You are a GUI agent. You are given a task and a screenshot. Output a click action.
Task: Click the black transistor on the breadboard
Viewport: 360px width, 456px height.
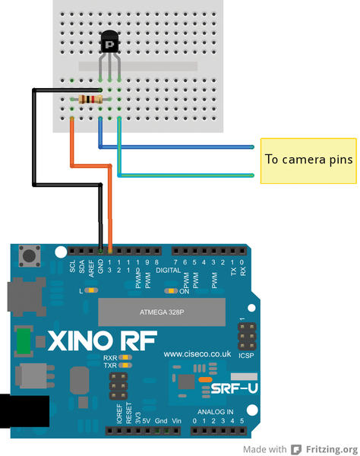[110, 42]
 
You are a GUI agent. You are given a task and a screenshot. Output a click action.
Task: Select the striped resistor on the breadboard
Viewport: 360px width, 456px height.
[90, 100]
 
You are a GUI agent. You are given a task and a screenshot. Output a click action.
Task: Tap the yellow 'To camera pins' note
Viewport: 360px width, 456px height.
[308, 161]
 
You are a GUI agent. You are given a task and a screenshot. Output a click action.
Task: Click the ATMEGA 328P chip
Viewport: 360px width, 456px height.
[162, 312]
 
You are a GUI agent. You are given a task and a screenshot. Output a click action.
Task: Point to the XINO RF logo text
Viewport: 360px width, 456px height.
[103, 340]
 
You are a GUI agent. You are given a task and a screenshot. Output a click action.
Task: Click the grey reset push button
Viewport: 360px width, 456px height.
[30, 256]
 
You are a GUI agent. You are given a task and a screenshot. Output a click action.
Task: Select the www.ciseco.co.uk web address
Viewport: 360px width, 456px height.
[197, 354]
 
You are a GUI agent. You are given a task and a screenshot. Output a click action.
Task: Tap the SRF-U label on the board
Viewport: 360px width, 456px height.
[234, 388]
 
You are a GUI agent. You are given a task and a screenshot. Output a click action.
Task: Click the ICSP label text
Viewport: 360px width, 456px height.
[246, 356]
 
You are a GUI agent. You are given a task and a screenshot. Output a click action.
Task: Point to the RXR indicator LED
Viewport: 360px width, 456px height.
[125, 357]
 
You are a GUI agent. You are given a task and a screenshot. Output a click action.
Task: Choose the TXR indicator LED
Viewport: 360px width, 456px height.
[125, 365]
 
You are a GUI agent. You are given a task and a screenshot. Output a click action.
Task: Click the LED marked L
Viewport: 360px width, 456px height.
[91, 290]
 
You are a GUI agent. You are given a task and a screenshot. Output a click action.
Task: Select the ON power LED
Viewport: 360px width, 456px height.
[171, 291]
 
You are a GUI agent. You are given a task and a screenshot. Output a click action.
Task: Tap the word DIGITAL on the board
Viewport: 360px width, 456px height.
[169, 270]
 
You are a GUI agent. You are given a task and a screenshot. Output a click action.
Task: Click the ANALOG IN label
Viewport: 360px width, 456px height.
[215, 412]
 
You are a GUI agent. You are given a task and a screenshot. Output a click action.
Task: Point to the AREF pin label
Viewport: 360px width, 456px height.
[91, 268]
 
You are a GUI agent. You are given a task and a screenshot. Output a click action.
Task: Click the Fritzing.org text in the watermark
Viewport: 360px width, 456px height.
[332, 449]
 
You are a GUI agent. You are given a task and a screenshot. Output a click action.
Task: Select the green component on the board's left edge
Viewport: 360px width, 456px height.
[24, 341]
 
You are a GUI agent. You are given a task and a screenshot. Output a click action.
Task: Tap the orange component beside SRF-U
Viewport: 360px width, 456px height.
[205, 379]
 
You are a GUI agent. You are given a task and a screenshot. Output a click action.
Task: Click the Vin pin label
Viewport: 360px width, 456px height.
[176, 421]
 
